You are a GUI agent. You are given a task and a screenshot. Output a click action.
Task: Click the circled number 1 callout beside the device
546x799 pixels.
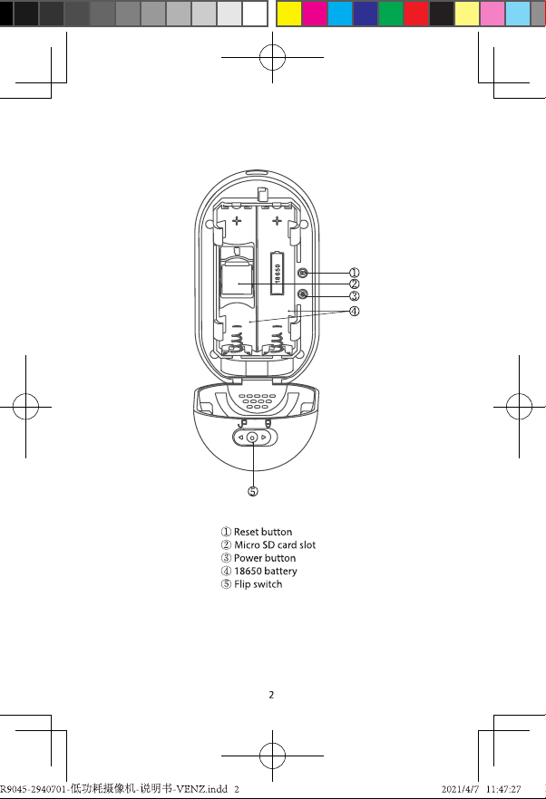click(x=354, y=274)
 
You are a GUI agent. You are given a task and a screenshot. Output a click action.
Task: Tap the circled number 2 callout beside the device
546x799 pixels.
click(x=354, y=284)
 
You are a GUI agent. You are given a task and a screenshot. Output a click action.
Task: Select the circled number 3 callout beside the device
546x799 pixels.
click(x=354, y=296)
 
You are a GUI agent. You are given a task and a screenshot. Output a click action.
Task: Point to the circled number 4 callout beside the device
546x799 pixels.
click(x=354, y=311)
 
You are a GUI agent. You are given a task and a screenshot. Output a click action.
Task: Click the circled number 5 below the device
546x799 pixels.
click(x=253, y=491)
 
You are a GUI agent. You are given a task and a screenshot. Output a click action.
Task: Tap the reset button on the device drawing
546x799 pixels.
click(x=302, y=274)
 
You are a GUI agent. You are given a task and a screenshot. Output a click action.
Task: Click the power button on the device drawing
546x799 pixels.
click(x=302, y=294)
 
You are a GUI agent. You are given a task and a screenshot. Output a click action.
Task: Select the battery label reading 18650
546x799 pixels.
click(x=278, y=273)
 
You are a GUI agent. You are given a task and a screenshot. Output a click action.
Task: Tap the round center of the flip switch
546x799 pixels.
click(x=252, y=438)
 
